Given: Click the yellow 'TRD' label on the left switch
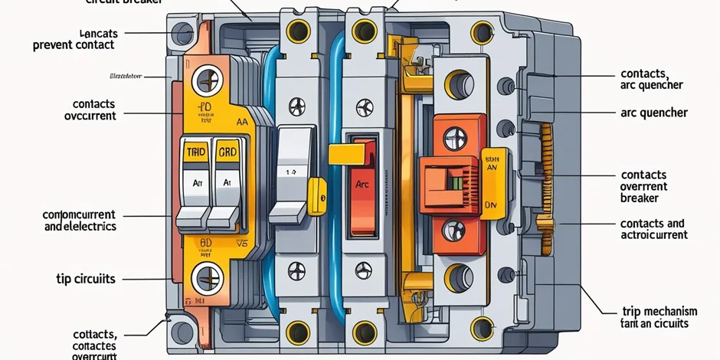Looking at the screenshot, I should coord(197,152).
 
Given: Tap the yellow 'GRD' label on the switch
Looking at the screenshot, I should coord(227,152).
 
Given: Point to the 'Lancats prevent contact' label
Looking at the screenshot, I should coord(74,39).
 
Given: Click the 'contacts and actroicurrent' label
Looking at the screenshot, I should coord(652,229).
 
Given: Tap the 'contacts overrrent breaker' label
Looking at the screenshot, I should coord(644,186).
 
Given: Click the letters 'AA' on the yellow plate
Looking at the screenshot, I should coord(242,120).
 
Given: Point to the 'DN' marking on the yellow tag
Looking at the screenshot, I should coord(491,205).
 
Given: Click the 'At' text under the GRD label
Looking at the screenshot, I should coord(227,183).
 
